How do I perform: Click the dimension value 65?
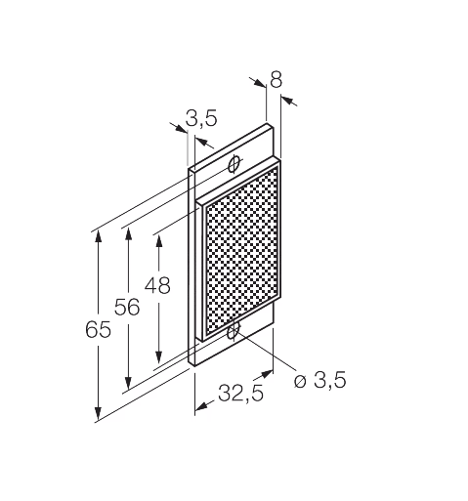point(98,329)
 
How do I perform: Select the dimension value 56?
point(127,307)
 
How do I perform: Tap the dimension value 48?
point(157,285)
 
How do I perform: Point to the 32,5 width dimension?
point(240,393)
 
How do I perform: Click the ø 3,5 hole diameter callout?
point(319,380)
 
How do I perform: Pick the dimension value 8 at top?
point(276,79)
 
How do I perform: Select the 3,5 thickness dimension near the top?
point(201,117)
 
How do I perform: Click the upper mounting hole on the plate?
point(234,164)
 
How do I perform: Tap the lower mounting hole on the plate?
point(234,332)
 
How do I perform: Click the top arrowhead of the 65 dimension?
point(98,236)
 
